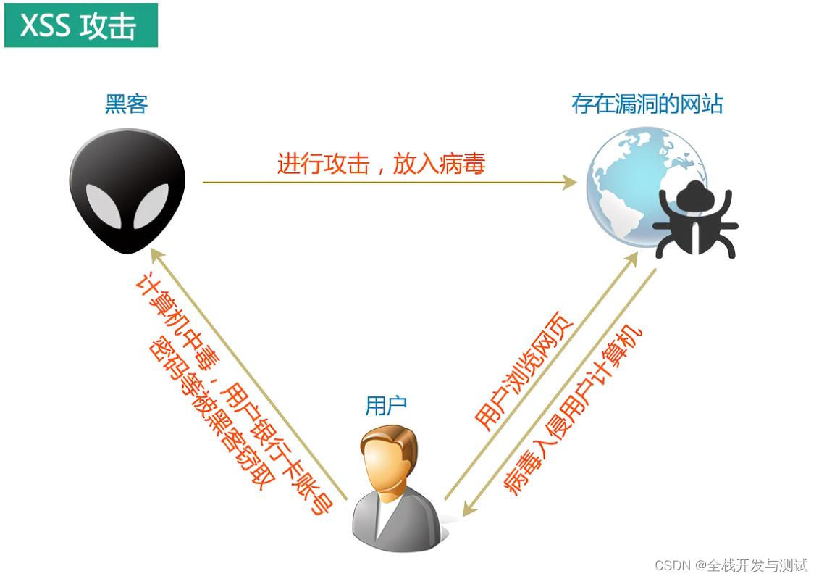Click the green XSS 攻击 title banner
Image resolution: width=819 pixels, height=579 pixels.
point(81,25)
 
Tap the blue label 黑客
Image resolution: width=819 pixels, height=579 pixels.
point(127,104)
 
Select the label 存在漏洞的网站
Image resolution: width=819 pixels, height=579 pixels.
point(647,104)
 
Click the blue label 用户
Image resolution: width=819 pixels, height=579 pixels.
point(385,406)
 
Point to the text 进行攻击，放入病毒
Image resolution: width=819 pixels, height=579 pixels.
point(382,164)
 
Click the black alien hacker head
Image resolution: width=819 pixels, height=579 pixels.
point(127,191)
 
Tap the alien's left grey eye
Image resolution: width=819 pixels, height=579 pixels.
point(104,205)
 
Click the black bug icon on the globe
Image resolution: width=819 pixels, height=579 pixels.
point(695,220)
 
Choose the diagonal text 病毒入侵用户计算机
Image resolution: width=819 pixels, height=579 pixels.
point(573,410)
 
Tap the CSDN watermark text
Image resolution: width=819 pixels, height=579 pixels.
point(731,565)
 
